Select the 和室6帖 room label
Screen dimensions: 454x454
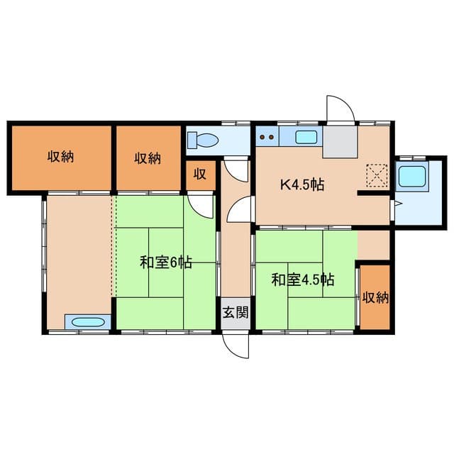(165, 262)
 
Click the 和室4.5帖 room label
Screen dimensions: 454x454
(303, 279)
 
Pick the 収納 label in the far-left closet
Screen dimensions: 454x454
(61, 157)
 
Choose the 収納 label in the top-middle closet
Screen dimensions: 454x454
(148, 158)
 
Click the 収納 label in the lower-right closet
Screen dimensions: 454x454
(374, 297)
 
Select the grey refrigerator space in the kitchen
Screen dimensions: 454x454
(338, 141)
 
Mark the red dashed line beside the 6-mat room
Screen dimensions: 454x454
(113, 245)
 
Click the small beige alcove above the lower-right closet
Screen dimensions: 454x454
(373, 244)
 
